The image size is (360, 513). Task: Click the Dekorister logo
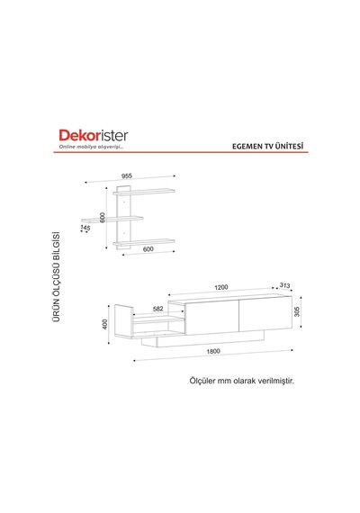[x=94, y=135]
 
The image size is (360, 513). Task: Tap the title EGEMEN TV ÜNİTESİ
[x=267, y=146]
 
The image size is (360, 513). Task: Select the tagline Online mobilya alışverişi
[x=91, y=147]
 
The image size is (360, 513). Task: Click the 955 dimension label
[x=127, y=175]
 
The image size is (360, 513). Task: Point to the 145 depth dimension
[x=85, y=227]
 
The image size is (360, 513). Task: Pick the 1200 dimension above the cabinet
[x=221, y=287]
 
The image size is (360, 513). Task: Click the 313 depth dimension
[x=284, y=285]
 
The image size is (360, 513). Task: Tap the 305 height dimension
[x=297, y=311]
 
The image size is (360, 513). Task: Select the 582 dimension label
[x=158, y=309]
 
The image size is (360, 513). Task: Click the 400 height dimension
[x=104, y=324]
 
